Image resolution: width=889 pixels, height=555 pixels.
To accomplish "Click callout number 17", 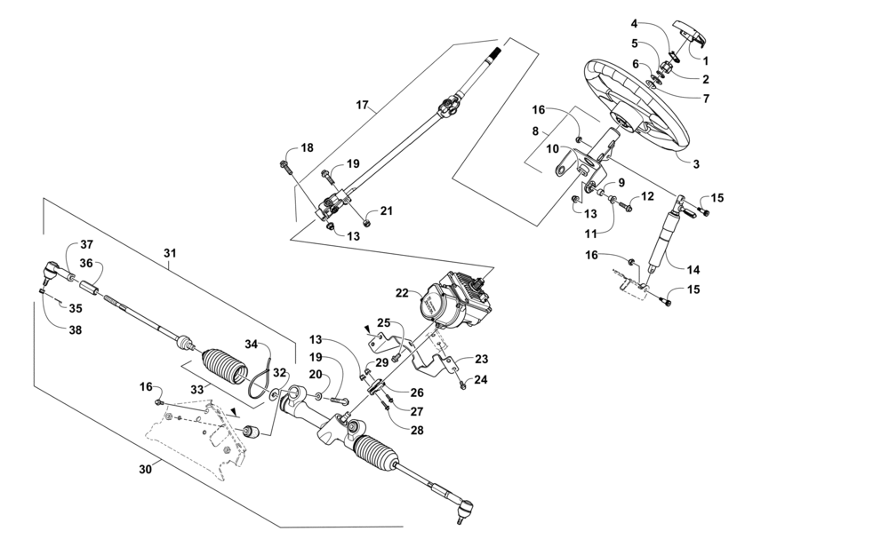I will tap(362, 106).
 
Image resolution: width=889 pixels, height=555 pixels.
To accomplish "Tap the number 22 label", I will tap(402, 292).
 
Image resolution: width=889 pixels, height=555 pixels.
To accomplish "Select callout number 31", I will tap(171, 253).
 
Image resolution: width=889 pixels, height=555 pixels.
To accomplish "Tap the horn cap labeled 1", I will tap(691, 35).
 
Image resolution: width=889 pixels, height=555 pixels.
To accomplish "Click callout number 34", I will tap(251, 345).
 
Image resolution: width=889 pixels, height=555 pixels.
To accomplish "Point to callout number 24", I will tap(481, 379).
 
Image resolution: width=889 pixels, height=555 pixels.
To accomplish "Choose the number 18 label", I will tap(307, 148).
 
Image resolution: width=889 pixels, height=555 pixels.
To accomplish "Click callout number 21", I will tap(386, 210).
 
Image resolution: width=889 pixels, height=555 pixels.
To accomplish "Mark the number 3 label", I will tap(695, 164).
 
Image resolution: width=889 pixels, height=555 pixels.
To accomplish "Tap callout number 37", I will tap(86, 244).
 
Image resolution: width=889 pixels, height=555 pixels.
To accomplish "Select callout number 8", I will tap(536, 131).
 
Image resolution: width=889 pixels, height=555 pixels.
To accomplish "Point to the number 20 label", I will tap(316, 375).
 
